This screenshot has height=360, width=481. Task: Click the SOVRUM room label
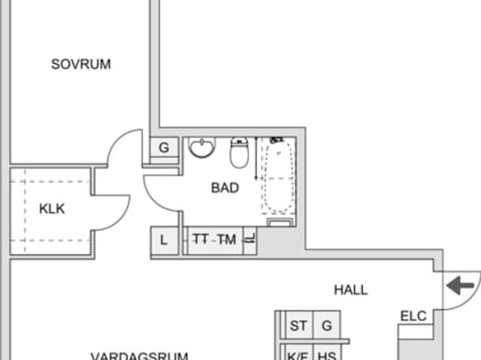point(80,65)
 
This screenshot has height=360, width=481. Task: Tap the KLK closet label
point(52,208)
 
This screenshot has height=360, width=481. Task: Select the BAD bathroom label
point(225,188)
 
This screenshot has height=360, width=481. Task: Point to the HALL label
point(351,289)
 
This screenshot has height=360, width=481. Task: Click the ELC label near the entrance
point(413,316)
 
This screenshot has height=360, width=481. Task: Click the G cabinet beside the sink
point(164,148)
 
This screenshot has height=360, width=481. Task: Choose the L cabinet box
point(165,241)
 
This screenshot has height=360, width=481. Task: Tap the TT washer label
point(201,240)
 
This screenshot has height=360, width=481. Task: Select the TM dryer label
point(226,240)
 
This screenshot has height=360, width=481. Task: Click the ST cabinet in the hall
point(298,326)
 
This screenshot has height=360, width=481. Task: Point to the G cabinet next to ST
point(326,326)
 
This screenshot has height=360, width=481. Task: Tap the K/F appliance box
point(298,355)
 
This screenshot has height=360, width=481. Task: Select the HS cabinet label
point(326,355)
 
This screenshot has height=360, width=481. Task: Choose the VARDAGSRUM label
point(139,355)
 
